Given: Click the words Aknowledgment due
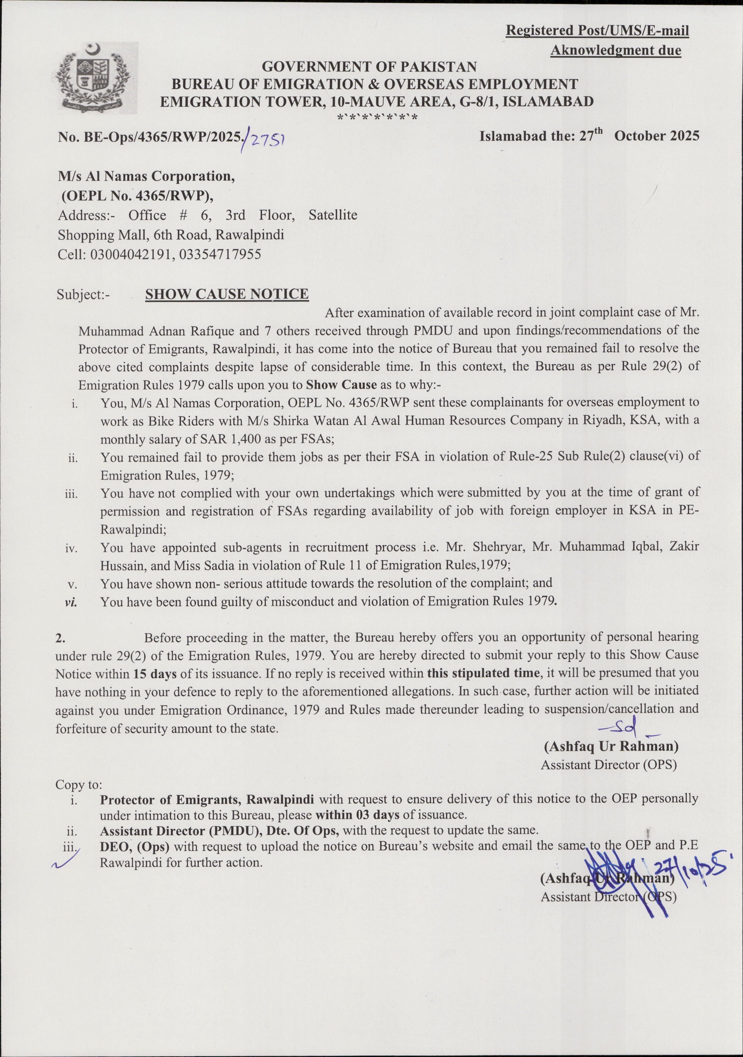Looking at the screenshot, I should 615,50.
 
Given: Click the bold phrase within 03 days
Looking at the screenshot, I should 357,814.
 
